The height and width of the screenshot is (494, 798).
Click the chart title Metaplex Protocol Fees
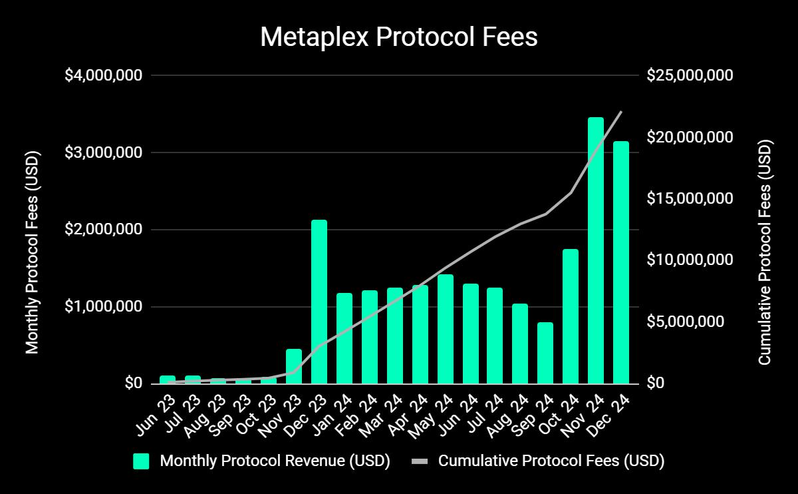coord(398,37)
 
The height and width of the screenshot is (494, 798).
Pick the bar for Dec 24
coord(621,262)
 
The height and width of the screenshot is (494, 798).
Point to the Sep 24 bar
coord(545,353)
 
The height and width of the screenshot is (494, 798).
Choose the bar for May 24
coord(446,329)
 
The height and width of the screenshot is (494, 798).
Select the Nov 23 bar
coord(294,366)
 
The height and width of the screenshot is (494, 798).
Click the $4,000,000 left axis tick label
coord(103,75)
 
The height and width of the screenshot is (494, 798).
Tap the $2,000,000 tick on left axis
coord(103,230)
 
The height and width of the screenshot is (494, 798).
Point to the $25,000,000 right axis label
coord(690,75)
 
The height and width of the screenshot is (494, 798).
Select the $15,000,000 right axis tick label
coord(690,198)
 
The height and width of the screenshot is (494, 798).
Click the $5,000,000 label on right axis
coord(685,322)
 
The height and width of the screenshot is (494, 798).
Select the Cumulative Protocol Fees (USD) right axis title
coord(765,252)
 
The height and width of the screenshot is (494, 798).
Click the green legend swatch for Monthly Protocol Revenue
coord(141,461)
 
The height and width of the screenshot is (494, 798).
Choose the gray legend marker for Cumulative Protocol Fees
coord(420,461)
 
